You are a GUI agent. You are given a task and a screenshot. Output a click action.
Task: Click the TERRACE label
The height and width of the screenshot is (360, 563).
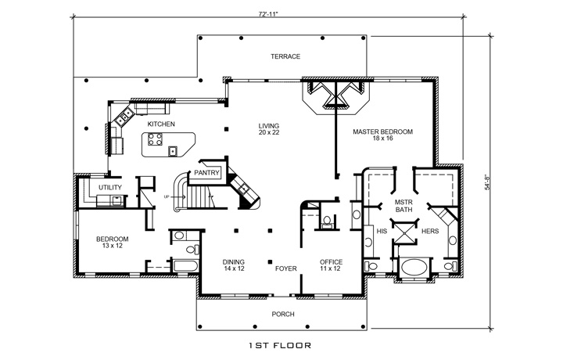tap(285, 56)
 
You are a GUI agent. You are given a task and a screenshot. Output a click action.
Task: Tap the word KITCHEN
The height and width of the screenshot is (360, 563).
tap(160, 124)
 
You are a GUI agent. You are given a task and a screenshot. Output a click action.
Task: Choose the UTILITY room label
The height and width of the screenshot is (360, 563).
tap(109, 188)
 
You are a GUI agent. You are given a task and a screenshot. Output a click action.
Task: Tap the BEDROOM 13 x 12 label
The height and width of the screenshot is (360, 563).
tap(112, 243)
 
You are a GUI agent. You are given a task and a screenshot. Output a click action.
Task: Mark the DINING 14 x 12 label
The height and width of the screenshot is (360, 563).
tap(234, 265)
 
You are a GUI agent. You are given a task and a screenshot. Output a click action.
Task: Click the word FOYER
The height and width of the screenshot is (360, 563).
tap(286, 268)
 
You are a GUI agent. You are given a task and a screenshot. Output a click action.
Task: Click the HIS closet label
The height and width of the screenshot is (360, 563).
tap(382, 232)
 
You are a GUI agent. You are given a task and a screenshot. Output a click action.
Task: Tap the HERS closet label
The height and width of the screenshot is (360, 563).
tap(430, 232)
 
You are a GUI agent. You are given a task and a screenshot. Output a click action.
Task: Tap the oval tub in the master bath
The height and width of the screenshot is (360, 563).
tap(414, 268)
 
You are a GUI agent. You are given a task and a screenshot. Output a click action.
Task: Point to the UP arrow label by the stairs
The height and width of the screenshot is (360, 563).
tap(167, 196)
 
